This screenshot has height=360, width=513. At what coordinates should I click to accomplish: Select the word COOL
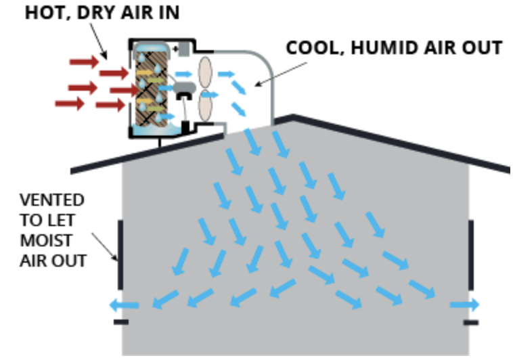click(x=308, y=48)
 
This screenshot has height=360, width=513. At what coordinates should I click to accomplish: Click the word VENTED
click(x=51, y=200)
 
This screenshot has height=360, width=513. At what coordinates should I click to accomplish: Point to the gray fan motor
click(x=183, y=88)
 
